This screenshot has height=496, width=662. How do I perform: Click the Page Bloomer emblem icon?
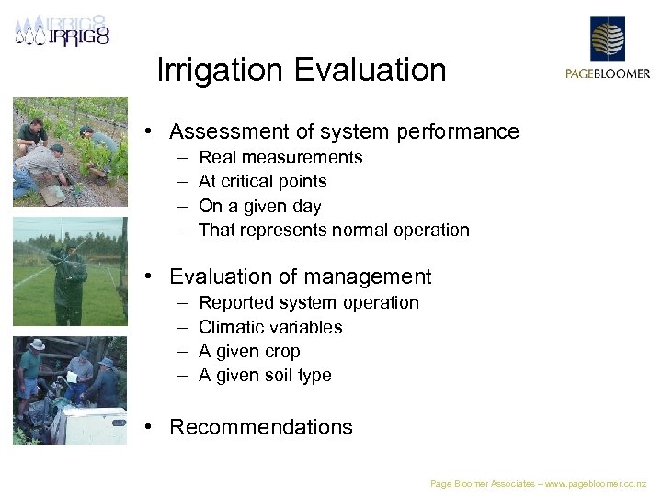tap(607, 39)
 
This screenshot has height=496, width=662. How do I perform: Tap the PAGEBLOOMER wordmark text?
tap(607, 74)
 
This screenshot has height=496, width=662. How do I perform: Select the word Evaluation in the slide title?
tap(377, 71)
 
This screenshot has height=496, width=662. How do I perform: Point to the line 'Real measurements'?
tap(280, 158)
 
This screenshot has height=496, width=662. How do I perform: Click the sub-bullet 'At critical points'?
tap(262, 182)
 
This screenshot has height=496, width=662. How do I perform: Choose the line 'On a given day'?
tap(259, 207)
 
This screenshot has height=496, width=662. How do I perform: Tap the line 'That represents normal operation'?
tap(334, 231)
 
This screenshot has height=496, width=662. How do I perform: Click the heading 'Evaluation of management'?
tap(300, 276)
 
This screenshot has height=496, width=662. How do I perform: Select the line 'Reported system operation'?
tap(308, 303)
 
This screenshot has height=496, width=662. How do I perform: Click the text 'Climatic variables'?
tap(270, 327)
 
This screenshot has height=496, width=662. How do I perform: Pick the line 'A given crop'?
tap(249, 352)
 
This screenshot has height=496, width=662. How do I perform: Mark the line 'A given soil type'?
tap(265, 376)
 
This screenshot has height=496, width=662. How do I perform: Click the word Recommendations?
tap(261, 427)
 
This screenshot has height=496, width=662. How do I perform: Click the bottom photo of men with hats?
tap(70, 390)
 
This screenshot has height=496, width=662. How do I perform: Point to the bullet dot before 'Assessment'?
tap(147, 132)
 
